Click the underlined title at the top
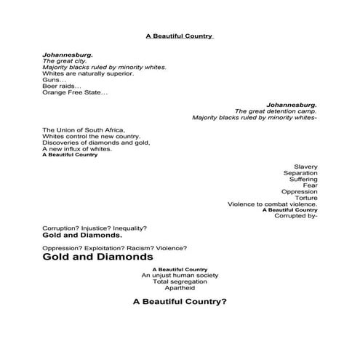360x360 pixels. tap(179, 34)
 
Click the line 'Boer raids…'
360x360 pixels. tap(62, 86)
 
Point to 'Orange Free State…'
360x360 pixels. tap(75, 92)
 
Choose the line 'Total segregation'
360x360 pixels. tap(180, 281)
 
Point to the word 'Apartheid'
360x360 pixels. tap(180, 288)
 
